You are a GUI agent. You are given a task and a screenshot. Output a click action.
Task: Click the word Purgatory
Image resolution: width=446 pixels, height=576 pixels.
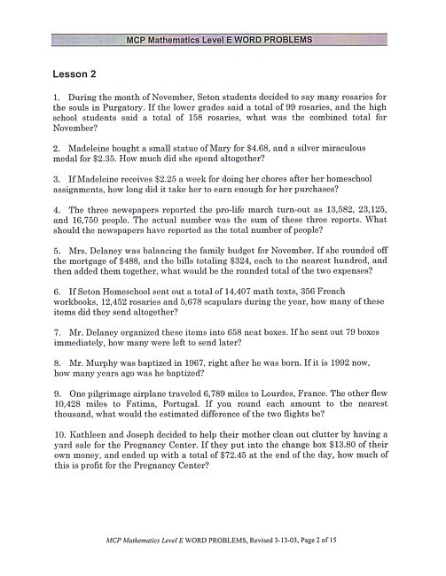(x=145, y=118)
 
